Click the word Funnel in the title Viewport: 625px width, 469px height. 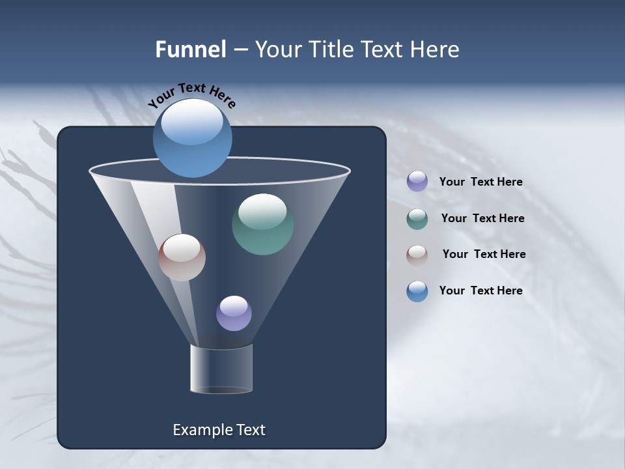pos(191,50)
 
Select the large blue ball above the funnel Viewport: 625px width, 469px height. pos(193,138)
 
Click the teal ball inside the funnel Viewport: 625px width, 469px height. pos(262,224)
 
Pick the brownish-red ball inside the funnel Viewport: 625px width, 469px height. pos(182,257)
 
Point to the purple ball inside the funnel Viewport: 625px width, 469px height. pos(234,313)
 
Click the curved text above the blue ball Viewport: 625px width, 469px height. pos(192,94)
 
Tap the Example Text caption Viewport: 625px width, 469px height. pos(219,430)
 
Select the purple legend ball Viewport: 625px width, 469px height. pos(417,182)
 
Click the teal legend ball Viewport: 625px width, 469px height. pos(417,219)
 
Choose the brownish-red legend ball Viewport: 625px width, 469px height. pos(417,255)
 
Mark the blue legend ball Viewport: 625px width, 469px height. pos(417,291)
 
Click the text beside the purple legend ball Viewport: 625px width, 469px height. pos(480,182)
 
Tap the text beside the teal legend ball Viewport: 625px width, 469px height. pos(482,219)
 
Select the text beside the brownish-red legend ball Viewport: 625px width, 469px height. pos(484,255)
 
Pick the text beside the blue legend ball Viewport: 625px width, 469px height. pos(480,291)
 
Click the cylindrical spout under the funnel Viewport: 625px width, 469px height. pos(221,370)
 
